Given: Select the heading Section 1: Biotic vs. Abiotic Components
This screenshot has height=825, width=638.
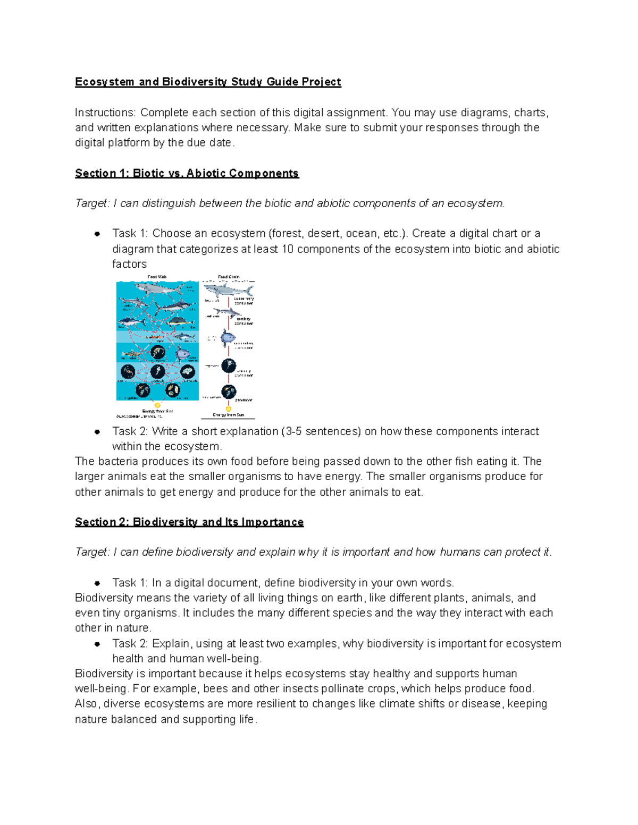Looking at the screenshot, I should pyautogui.click(x=187, y=173).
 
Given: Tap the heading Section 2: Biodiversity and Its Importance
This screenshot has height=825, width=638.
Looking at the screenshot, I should pyautogui.click(x=189, y=522).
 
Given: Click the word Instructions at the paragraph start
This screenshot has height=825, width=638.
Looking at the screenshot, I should pyautogui.click(x=105, y=113).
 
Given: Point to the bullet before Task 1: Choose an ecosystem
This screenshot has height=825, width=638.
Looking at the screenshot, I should pyautogui.click(x=97, y=234).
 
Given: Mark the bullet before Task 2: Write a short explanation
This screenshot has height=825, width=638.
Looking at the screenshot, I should pyautogui.click(x=97, y=432).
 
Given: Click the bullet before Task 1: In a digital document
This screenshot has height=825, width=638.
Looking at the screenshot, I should pyautogui.click(x=97, y=583).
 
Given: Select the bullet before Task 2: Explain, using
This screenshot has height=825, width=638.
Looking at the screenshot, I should pyautogui.click(x=97, y=644).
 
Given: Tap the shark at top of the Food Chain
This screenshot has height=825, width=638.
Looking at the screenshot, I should pyautogui.click(x=228, y=290).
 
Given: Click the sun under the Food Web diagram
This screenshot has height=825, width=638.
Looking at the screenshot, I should pyautogui.click(x=157, y=405).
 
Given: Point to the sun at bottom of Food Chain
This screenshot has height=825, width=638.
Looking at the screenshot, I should pyautogui.click(x=229, y=409).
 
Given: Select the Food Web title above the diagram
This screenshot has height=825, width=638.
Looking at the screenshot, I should pyautogui.click(x=157, y=277).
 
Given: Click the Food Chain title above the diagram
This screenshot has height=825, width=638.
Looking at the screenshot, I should pyautogui.click(x=229, y=277).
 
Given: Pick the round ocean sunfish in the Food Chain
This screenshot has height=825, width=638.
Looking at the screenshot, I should pyautogui.click(x=229, y=337).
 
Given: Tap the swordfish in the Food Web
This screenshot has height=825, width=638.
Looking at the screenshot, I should pyautogui.click(x=173, y=307).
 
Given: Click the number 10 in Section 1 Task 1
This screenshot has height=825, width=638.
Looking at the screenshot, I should pyautogui.click(x=287, y=249).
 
